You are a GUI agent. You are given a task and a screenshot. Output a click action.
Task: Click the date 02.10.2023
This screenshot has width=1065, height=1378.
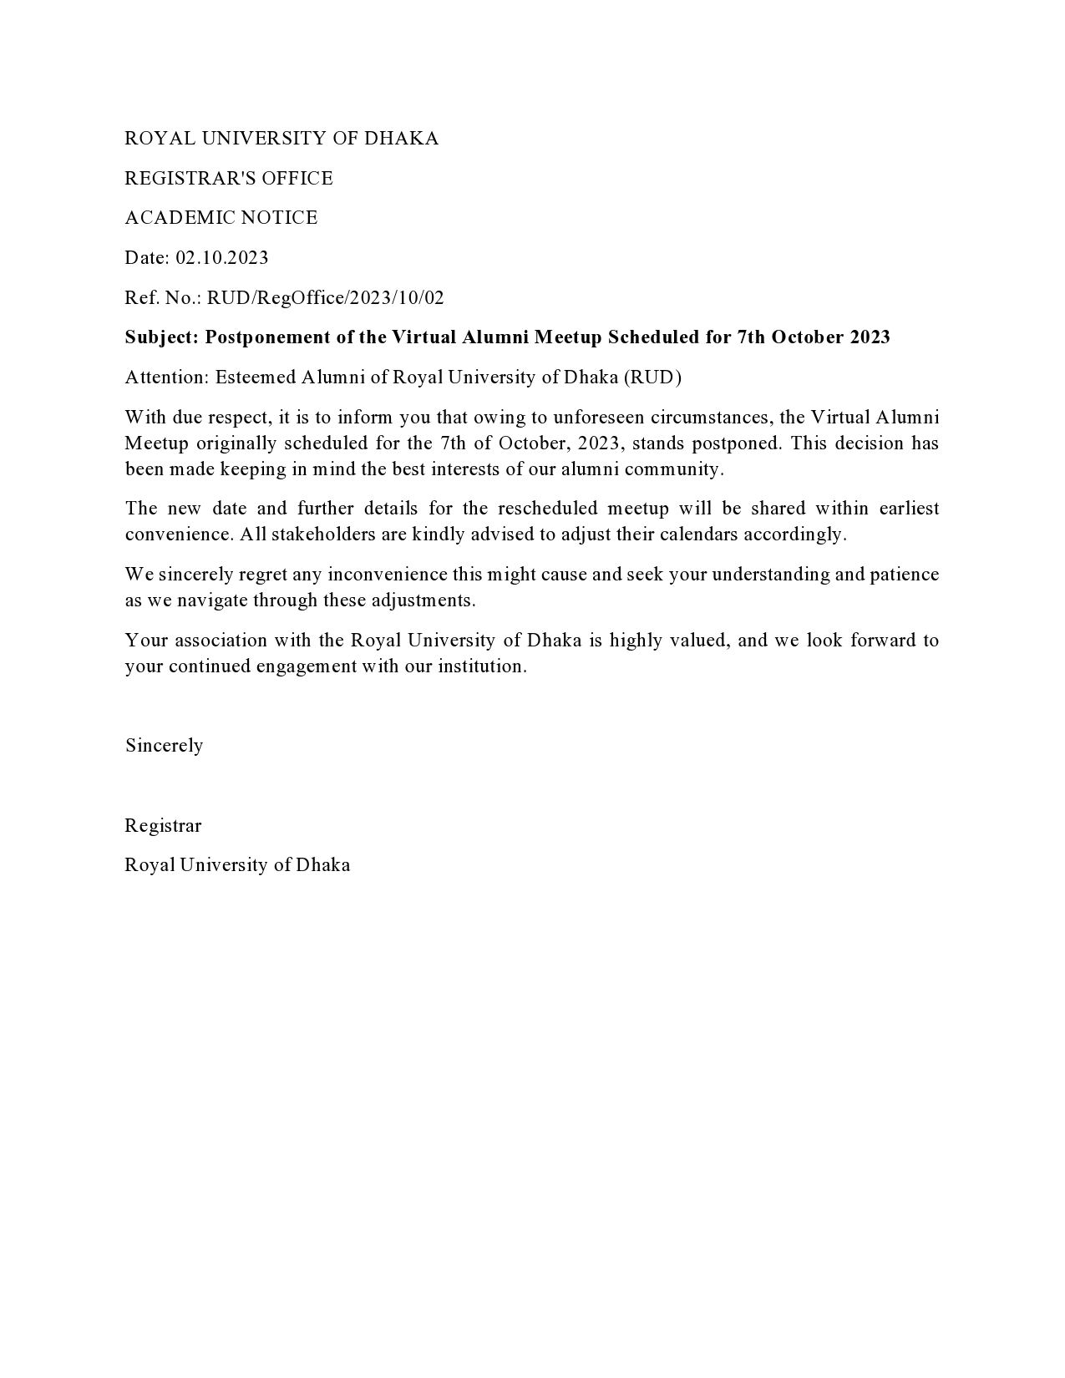click(221, 257)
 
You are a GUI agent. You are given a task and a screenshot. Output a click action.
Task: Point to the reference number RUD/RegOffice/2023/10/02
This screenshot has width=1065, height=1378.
click(326, 297)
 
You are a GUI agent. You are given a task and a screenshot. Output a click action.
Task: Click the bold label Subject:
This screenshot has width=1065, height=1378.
click(162, 337)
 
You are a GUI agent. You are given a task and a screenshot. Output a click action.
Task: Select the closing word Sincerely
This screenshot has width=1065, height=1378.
click(165, 746)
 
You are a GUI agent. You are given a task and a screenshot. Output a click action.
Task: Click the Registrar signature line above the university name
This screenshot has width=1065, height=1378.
click(163, 826)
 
